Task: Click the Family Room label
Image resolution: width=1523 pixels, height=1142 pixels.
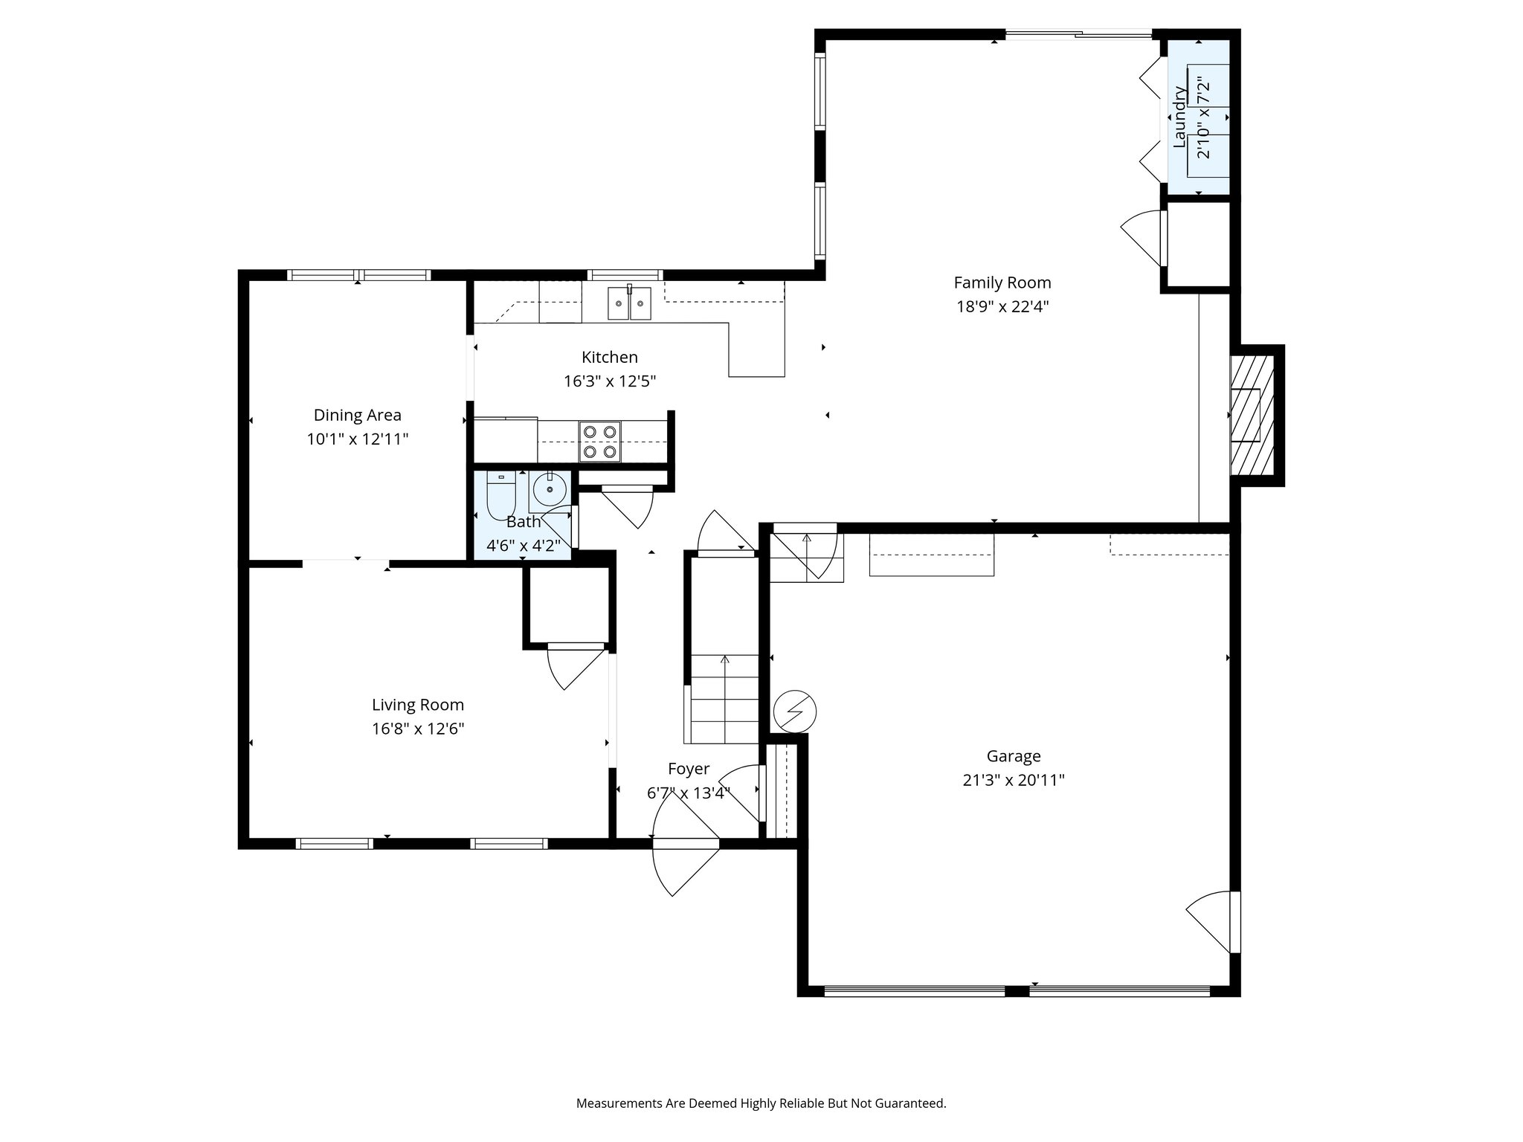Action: click(x=1002, y=283)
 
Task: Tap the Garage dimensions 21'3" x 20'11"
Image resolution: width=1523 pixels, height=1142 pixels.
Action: click(x=1013, y=780)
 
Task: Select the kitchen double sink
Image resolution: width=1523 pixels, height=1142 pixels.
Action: click(x=629, y=303)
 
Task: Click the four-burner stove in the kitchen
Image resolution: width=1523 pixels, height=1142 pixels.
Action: click(x=599, y=441)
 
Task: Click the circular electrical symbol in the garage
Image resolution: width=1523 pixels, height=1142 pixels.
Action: click(x=794, y=712)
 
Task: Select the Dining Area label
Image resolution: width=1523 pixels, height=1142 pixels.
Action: click(x=357, y=415)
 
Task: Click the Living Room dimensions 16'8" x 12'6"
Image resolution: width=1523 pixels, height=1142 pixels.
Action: click(x=418, y=729)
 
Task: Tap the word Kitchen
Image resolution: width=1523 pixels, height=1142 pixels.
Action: click(x=609, y=357)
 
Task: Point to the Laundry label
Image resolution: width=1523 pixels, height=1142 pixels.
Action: click(x=1179, y=117)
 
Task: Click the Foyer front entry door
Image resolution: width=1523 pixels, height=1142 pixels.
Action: click(x=685, y=844)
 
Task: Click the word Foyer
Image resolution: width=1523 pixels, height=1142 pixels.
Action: click(x=688, y=769)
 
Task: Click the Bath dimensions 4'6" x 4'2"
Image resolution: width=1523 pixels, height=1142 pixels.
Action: click(x=523, y=546)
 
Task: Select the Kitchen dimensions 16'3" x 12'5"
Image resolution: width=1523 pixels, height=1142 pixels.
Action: click(x=609, y=381)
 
